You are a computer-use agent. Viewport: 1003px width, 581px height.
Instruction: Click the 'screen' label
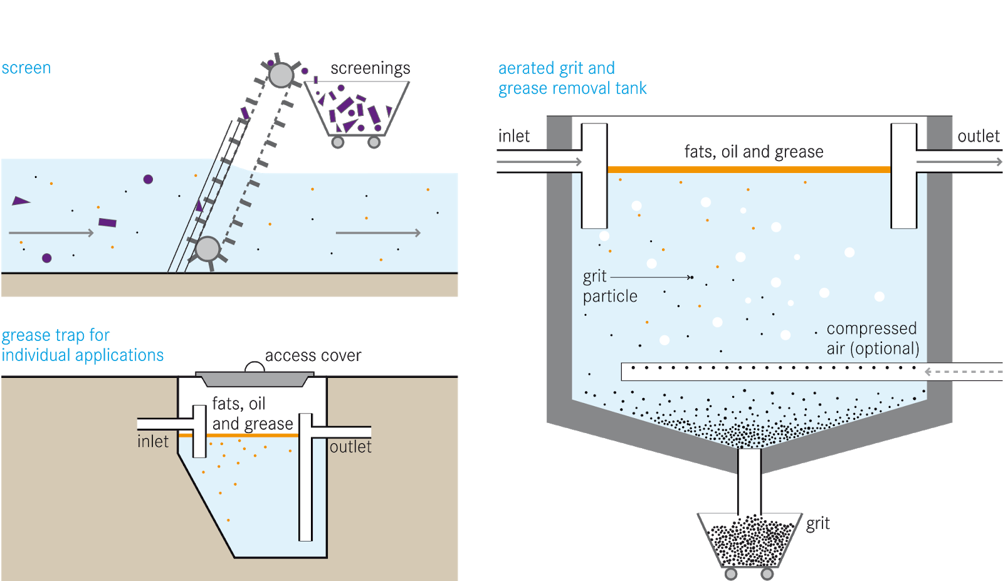pos(26,68)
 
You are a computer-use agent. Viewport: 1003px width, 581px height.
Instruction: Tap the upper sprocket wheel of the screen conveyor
pos(281,75)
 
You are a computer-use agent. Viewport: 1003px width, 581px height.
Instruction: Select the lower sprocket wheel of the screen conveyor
pos(207,249)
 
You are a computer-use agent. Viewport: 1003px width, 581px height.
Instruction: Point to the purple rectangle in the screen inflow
pos(107,222)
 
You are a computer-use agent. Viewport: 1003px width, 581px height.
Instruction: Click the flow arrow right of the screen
pos(377,233)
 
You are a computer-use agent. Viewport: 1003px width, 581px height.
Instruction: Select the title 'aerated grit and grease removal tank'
pos(572,78)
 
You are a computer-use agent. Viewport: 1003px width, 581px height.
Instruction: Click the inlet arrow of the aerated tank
pos(539,162)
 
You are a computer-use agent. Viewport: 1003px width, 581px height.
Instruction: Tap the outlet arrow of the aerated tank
pos(959,162)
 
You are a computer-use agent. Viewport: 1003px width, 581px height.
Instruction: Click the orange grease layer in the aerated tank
pos(749,169)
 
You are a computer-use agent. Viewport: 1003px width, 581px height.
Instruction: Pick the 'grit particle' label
pos(609,286)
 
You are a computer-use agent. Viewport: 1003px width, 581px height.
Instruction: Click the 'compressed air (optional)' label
pos(873,338)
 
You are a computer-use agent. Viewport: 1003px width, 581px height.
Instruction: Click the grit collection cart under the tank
pos(750,540)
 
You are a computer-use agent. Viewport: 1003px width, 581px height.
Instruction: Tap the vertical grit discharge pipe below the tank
pos(749,481)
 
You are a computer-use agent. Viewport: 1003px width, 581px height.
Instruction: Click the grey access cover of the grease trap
pos(255,379)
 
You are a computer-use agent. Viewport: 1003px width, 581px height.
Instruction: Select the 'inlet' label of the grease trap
pos(153,442)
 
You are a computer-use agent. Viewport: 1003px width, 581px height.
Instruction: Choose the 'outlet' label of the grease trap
pos(350,447)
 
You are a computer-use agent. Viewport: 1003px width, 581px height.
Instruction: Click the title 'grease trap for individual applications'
pos(82,345)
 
